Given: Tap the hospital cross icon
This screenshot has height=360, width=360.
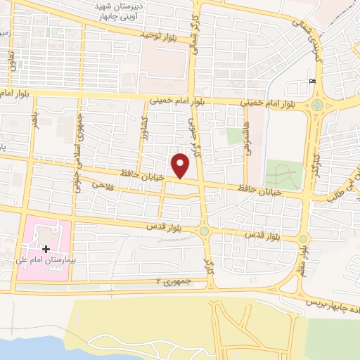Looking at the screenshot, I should pos(46,249).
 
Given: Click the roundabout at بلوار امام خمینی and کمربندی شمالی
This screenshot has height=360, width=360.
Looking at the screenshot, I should pos(317,106).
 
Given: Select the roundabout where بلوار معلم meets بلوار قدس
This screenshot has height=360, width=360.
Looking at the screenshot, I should pos(303,239).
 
